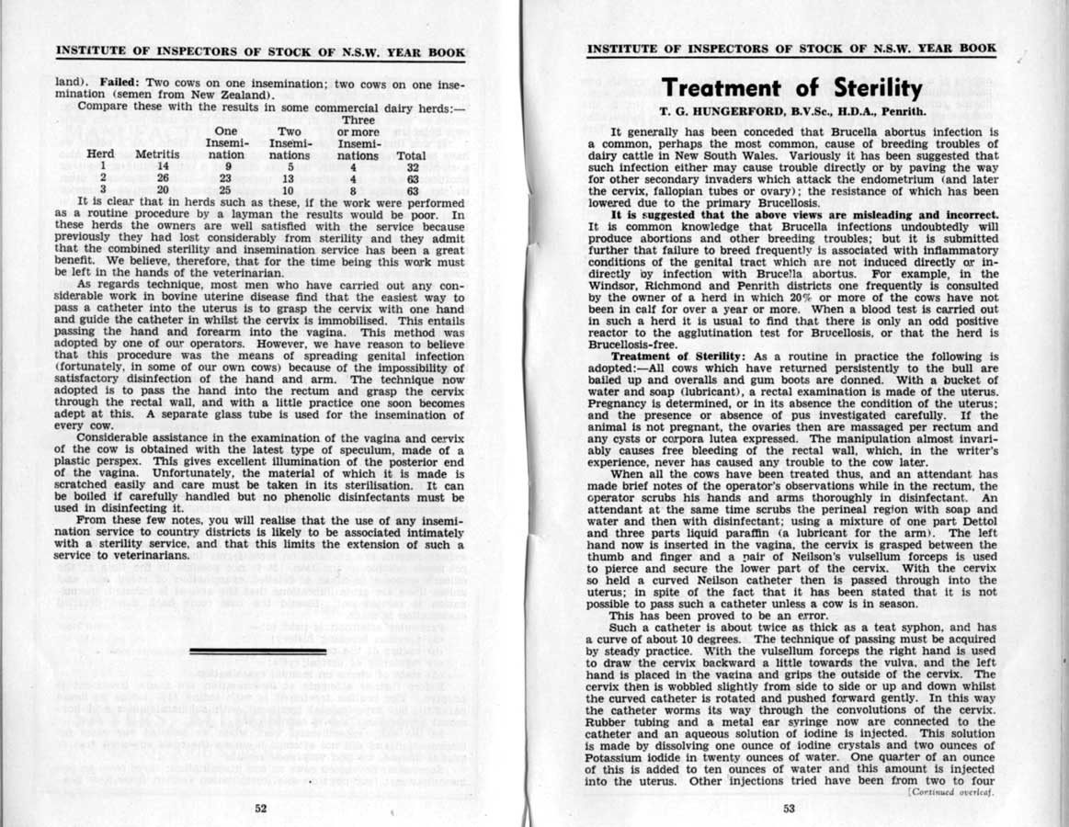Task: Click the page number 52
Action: (261, 808)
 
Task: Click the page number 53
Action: (790, 808)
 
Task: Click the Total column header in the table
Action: (411, 155)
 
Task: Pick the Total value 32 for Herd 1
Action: (413, 167)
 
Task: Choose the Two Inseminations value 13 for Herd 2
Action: (288, 178)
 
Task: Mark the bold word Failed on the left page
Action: (119, 82)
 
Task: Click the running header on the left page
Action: (260, 51)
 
